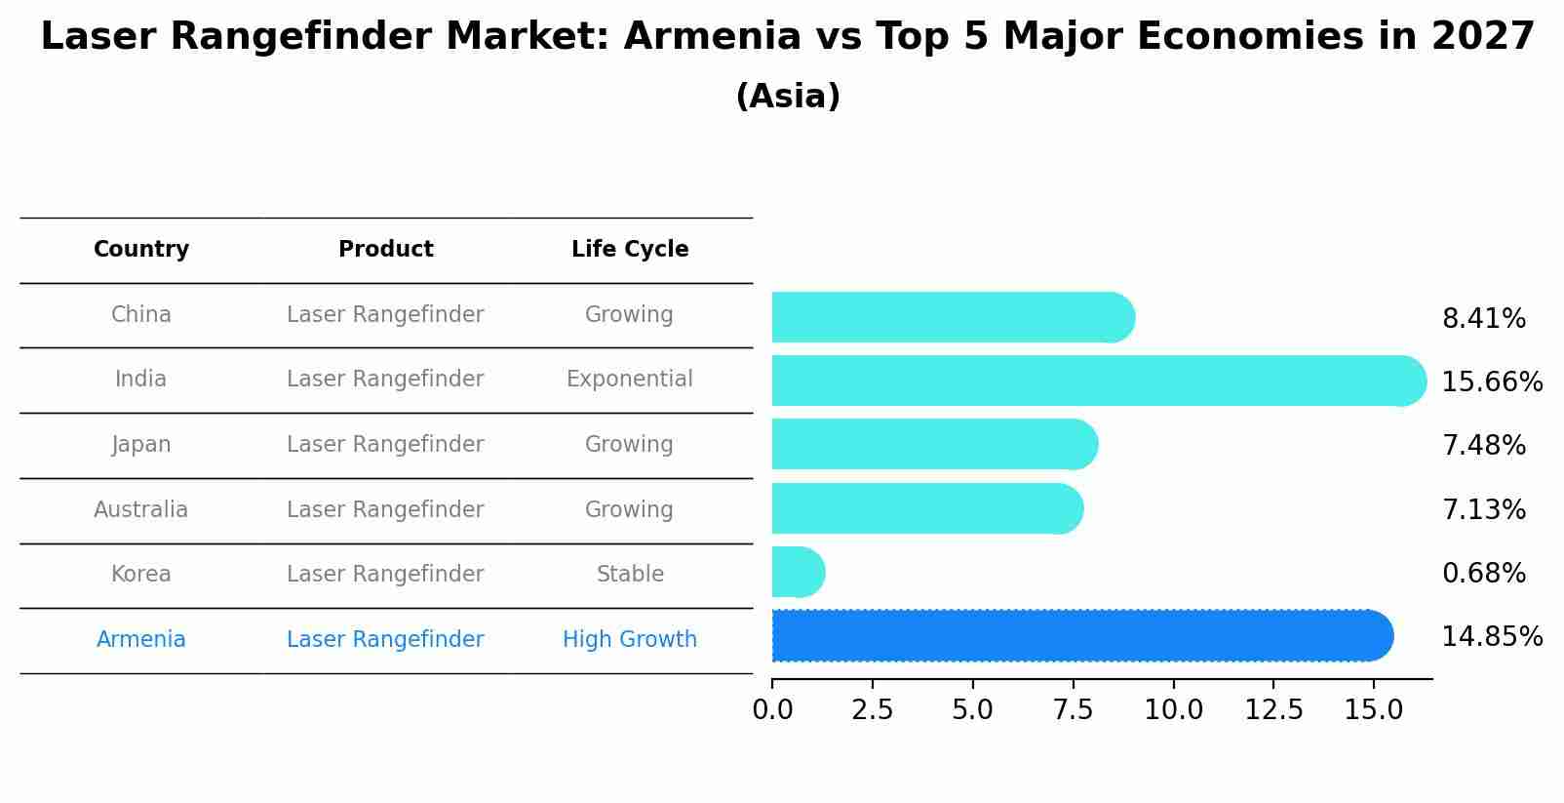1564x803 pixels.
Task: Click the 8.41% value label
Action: coord(1483,319)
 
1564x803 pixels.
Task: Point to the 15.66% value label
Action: coord(1491,381)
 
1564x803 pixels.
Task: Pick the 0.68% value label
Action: coord(1483,574)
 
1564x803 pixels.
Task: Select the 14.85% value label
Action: coord(1491,637)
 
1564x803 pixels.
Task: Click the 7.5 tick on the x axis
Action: coord(1073,710)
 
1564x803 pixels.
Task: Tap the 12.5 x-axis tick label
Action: coord(1273,710)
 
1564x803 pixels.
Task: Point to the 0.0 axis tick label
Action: coord(772,710)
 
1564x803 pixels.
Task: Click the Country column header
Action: coord(141,250)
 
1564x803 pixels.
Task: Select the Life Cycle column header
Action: coord(630,250)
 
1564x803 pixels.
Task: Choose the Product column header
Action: coord(385,250)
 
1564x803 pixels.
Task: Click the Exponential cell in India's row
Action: coord(630,380)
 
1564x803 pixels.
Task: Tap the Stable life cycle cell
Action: coord(630,575)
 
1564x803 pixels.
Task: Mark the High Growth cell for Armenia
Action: coord(630,640)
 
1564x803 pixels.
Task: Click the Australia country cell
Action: coord(141,510)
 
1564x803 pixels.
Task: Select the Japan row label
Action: coord(141,445)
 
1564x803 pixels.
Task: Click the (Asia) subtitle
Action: coord(788,97)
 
